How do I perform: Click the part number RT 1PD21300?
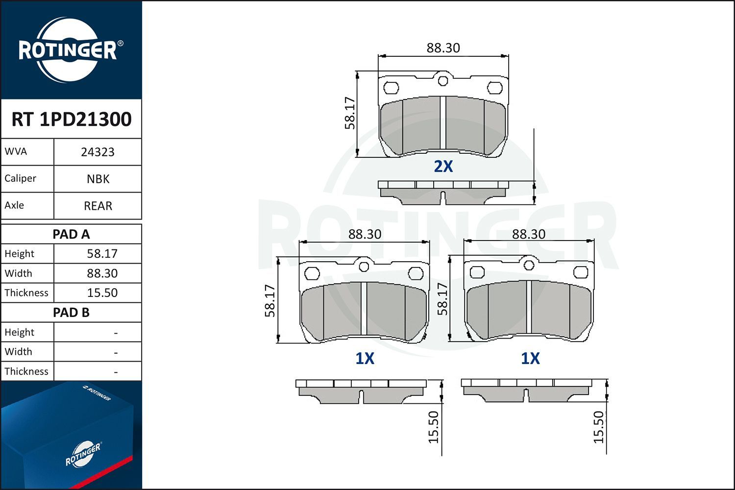(x=72, y=119)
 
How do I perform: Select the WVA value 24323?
(x=98, y=152)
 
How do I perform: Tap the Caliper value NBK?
(x=98, y=179)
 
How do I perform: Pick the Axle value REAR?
(x=98, y=206)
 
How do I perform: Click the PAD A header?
(x=71, y=234)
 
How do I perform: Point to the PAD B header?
(x=71, y=313)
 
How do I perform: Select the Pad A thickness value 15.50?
(x=102, y=293)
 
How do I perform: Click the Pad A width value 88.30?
(x=102, y=273)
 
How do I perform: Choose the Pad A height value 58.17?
(x=102, y=253)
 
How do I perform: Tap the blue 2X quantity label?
(x=443, y=167)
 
